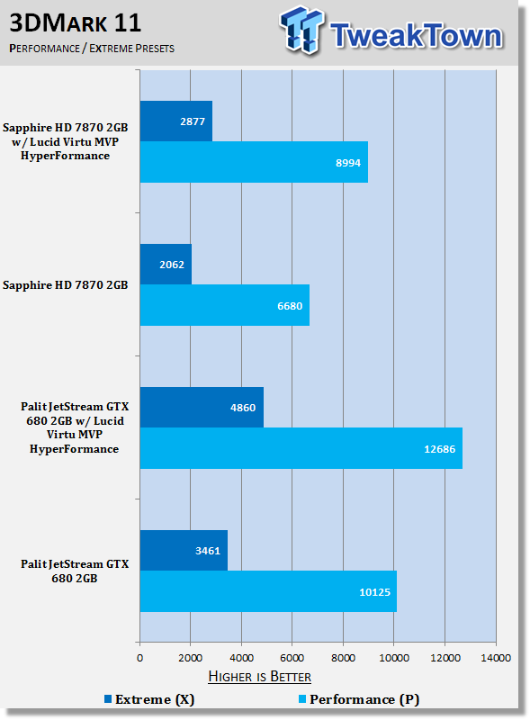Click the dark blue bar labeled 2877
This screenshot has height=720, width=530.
[x=175, y=121]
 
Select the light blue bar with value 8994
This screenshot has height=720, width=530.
[x=254, y=162]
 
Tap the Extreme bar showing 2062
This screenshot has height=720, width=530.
[x=166, y=264]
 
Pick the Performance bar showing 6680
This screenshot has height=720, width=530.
[x=225, y=305]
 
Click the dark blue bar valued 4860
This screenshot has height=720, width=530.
[x=202, y=408]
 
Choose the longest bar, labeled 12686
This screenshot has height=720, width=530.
[x=301, y=448]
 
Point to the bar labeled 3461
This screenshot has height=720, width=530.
[x=184, y=551]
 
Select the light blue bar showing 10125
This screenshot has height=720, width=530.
[x=268, y=591]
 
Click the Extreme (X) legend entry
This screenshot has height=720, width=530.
[x=149, y=699]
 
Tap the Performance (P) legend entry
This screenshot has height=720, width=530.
[x=359, y=699]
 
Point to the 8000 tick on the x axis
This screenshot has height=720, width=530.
[x=343, y=658]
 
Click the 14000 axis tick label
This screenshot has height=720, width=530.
[x=496, y=658]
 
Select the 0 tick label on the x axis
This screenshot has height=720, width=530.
[x=140, y=658]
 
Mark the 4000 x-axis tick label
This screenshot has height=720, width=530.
[x=241, y=658]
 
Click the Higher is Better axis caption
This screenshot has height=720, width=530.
[x=259, y=677]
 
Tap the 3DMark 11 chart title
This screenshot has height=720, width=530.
[x=76, y=22]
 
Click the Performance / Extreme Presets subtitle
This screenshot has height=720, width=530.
[x=92, y=49]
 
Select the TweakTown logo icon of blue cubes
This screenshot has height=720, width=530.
[x=301, y=29]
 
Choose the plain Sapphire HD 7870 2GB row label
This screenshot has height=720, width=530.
[x=65, y=285]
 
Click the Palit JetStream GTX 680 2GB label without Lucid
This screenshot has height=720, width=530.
[x=75, y=571]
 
